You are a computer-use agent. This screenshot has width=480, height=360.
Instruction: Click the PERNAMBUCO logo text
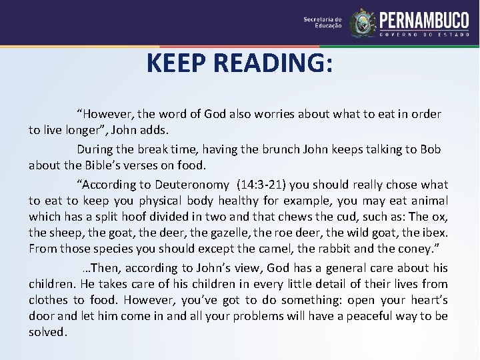(x=424, y=20)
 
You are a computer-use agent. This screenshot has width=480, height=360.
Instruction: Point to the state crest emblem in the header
(x=363, y=23)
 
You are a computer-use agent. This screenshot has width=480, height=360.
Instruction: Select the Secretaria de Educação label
(x=323, y=23)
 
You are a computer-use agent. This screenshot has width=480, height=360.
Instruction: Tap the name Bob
(x=431, y=149)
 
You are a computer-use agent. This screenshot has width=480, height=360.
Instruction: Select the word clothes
(x=48, y=300)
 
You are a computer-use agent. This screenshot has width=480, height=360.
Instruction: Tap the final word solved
(x=47, y=333)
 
